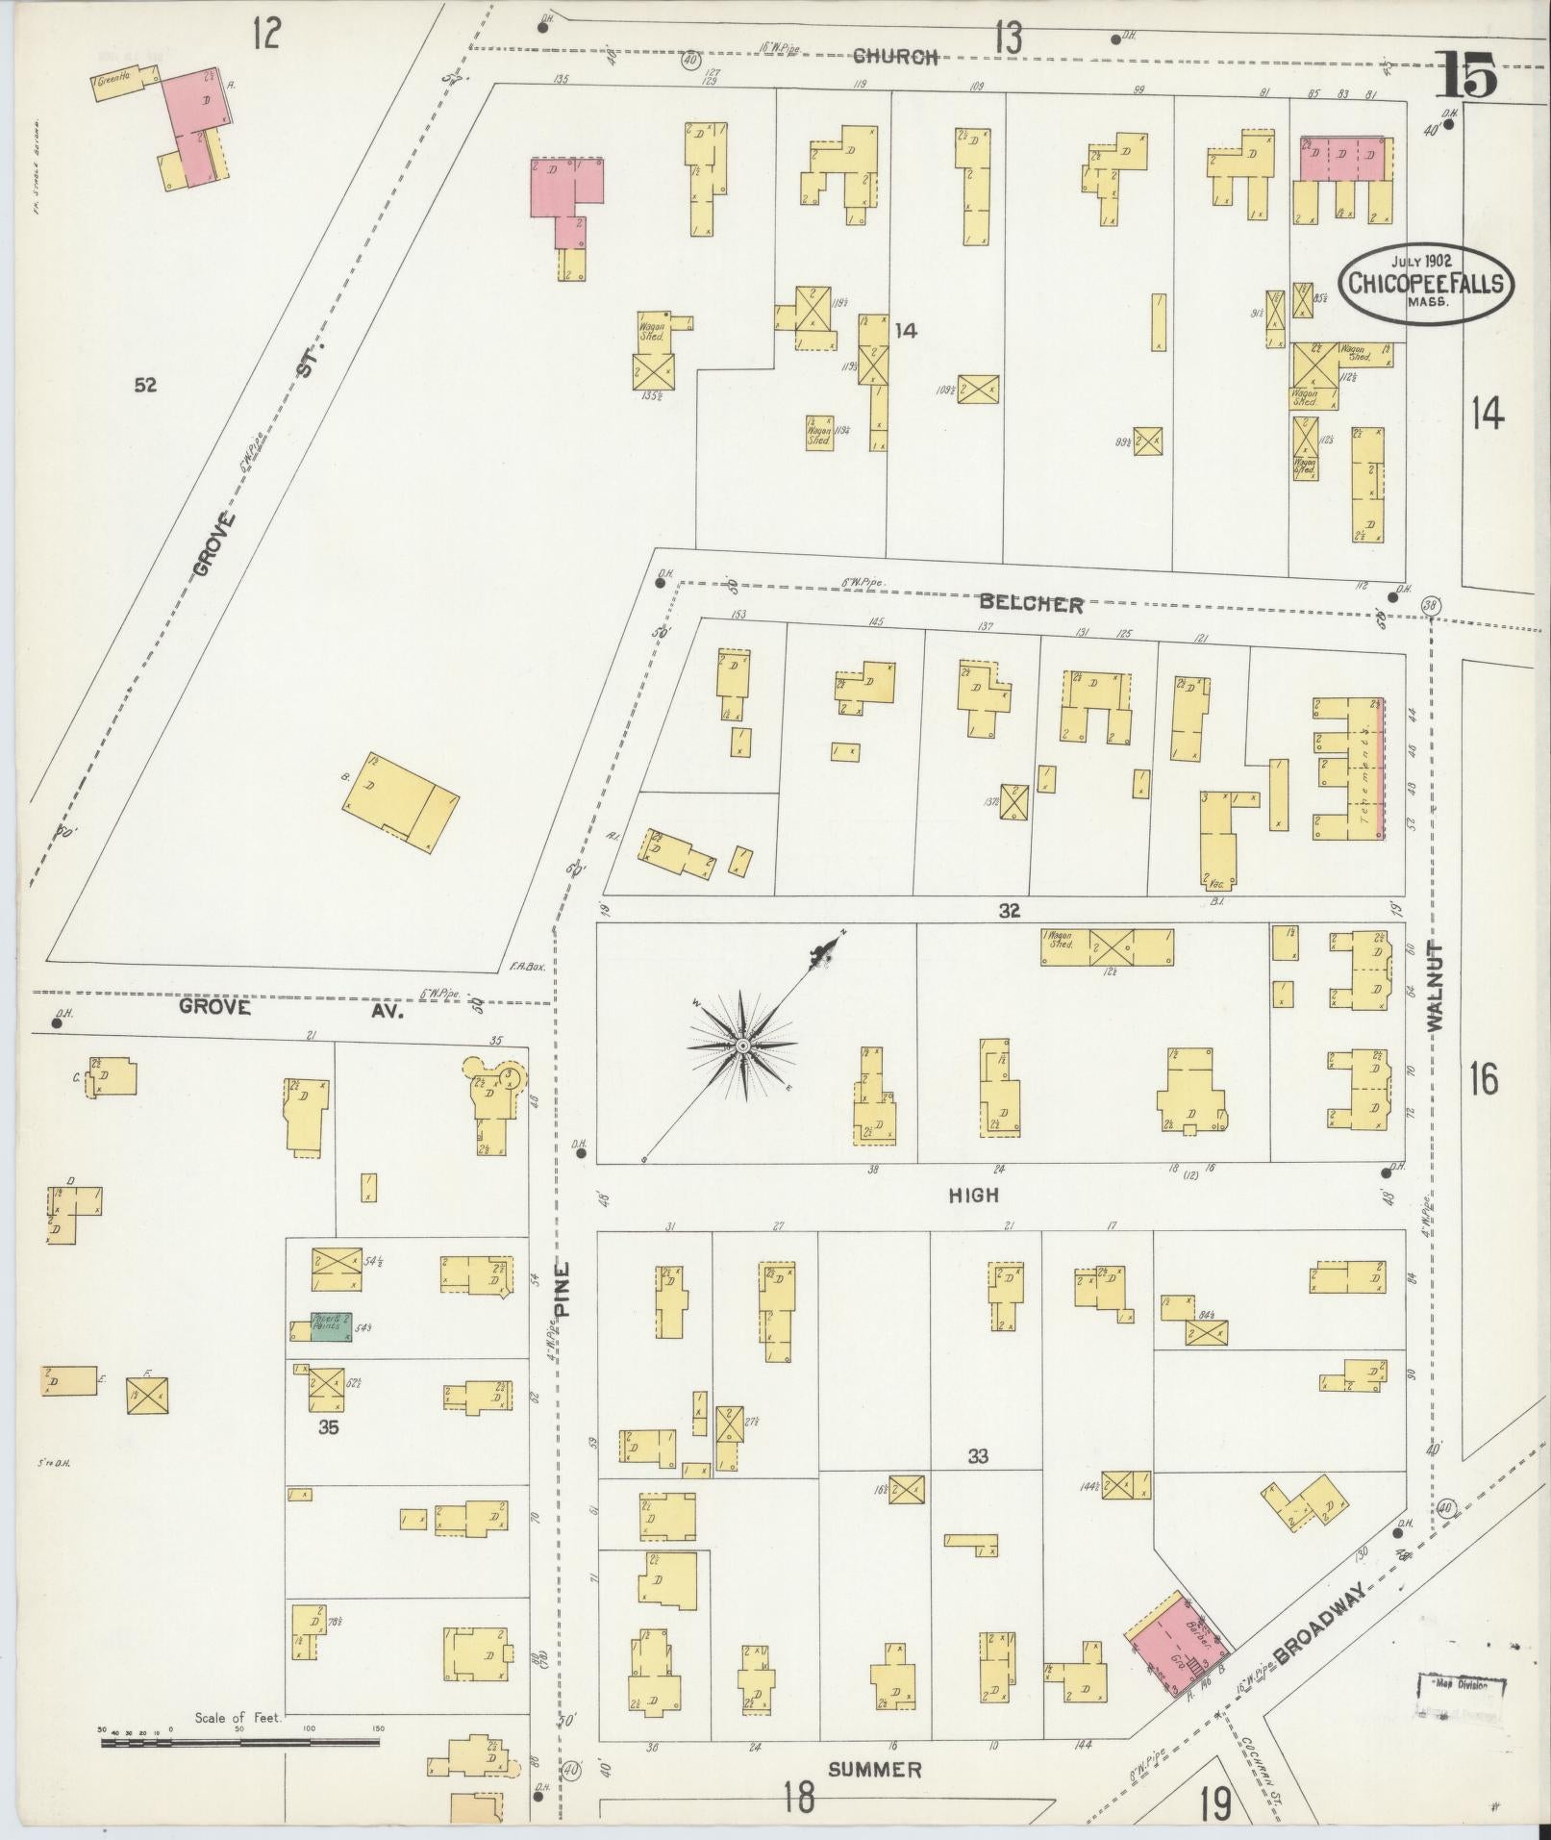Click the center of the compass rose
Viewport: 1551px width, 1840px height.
click(x=742, y=1045)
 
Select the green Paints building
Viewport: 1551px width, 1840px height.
click(x=327, y=1327)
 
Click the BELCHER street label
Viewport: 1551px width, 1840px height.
click(x=1031, y=605)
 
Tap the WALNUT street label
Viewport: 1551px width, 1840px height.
click(x=1438, y=986)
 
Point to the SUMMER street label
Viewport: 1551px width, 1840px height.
click(x=874, y=1770)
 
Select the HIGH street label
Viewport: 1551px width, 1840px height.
click(x=973, y=1195)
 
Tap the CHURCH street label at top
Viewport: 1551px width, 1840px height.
click(x=895, y=57)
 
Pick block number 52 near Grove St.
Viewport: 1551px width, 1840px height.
click(x=145, y=386)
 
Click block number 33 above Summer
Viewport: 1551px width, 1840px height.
click(x=977, y=1484)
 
